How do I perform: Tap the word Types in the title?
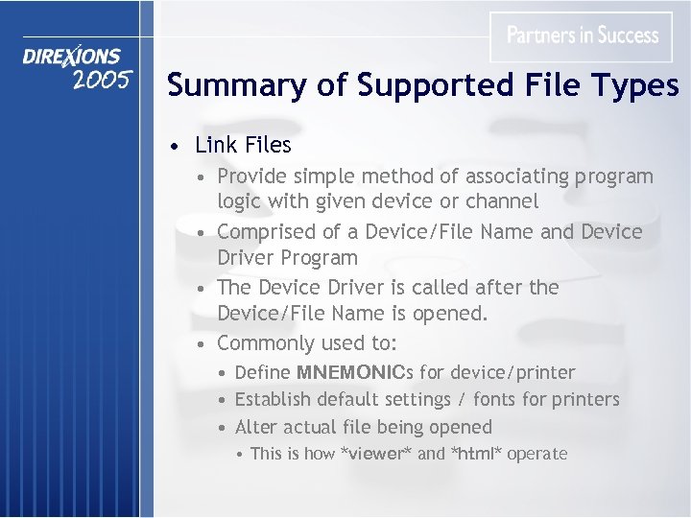pyautogui.click(x=636, y=86)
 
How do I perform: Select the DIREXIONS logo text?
pyautogui.click(x=72, y=58)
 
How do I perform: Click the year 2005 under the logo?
pyautogui.click(x=101, y=80)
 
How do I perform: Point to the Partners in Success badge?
pyautogui.click(x=583, y=36)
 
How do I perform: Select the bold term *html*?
pyautogui.click(x=476, y=454)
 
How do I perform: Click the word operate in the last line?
pyautogui.click(x=537, y=454)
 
